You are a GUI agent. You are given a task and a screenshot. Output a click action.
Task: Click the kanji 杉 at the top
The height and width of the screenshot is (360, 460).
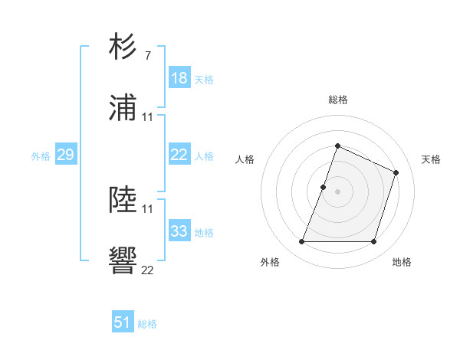(x=123, y=47)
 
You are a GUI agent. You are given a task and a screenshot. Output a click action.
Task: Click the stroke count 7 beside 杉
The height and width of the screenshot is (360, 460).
(x=148, y=56)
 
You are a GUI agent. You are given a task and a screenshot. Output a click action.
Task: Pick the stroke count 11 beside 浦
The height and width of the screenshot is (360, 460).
(x=148, y=117)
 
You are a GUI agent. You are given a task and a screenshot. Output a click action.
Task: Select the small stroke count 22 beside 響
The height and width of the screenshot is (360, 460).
(x=148, y=270)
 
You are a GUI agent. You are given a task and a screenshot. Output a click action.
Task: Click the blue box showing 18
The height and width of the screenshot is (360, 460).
(x=179, y=78)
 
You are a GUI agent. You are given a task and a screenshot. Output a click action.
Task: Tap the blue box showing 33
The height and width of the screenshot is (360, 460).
(x=179, y=231)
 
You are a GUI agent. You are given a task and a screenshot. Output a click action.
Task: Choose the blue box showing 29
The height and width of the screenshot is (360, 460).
(x=65, y=155)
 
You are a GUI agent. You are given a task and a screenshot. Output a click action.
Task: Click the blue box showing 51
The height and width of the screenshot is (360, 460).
(x=123, y=322)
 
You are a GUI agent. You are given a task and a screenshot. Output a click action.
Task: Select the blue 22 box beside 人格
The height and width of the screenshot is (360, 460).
(x=179, y=155)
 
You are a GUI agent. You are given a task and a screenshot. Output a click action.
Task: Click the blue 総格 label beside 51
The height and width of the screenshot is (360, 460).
(x=147, y=324)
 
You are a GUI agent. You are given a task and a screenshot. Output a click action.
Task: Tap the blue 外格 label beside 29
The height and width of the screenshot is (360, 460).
(x=41, y=156)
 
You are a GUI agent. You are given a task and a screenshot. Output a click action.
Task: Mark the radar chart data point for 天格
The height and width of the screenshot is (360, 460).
(x=396, y=172)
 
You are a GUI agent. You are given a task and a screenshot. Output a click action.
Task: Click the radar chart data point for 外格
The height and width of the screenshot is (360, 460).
(x=301, y=242)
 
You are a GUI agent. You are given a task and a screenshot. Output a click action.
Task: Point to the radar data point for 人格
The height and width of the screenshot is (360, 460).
(x=323, y=187)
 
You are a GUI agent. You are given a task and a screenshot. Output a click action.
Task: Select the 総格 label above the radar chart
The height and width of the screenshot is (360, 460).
(x=337, y=100)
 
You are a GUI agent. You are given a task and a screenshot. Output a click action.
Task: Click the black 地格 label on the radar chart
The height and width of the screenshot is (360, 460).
(x=402, y=263)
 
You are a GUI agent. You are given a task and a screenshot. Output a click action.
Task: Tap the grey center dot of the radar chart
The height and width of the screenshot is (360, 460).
(x=337, y=191)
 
